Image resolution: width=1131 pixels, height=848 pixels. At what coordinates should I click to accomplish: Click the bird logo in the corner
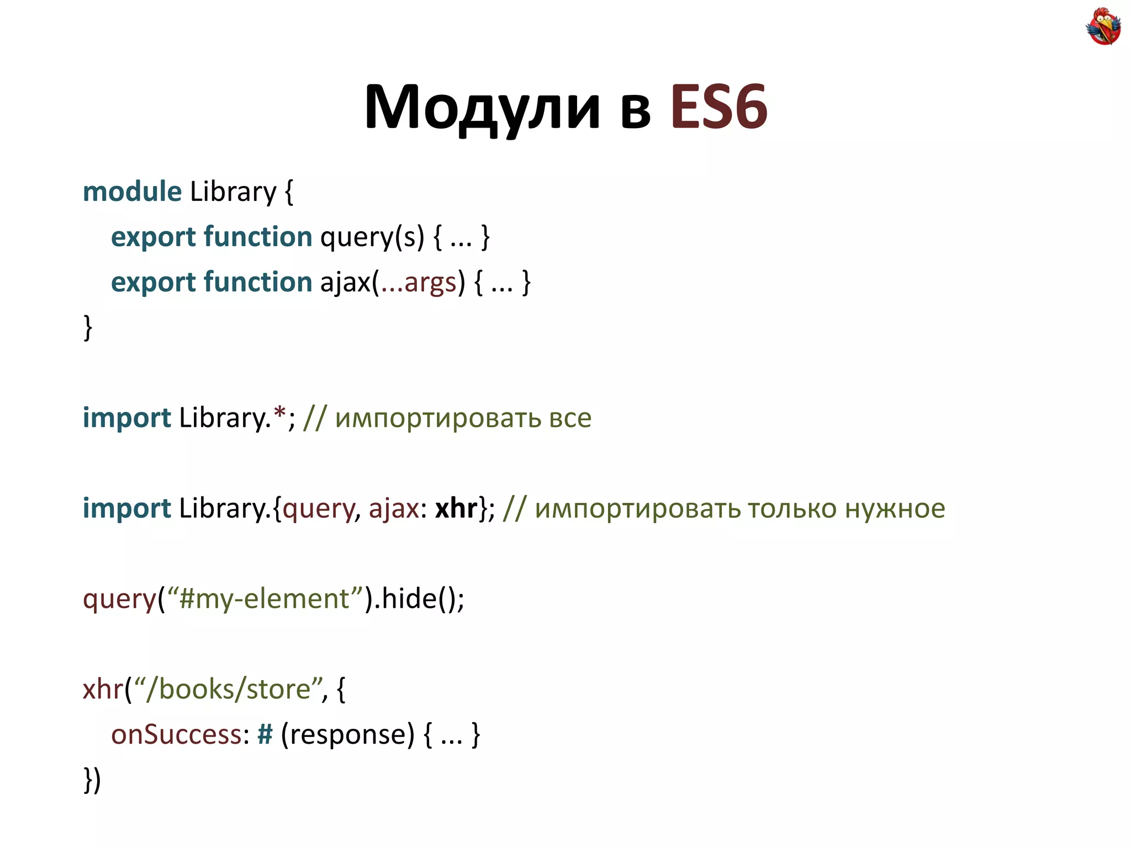(x=1103, y=26)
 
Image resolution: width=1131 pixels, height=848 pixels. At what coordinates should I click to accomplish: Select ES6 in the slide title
(x=718, y=107)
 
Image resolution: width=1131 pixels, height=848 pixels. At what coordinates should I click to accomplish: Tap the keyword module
(x=132, y=192)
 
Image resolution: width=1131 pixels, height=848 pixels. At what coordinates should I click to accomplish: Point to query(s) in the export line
(x=372, y=237)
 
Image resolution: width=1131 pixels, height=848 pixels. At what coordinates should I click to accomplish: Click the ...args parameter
(x=419, y=283)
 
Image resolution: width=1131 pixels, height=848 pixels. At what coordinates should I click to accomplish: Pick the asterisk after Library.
(x=280, y=414)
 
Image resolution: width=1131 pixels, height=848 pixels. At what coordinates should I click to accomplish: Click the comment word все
(x=570, y=418)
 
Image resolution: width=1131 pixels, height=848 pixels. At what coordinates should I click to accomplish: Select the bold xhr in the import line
(x=456, y=508)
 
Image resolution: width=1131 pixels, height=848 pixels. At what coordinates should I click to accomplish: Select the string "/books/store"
(x=228, y=690)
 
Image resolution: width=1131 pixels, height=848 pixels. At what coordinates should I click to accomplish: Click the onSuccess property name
(x=176, y=735)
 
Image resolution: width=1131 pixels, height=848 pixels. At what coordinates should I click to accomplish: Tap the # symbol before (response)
(x=265, y=735)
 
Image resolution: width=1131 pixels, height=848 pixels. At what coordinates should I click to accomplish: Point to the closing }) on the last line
(x=92, y=780)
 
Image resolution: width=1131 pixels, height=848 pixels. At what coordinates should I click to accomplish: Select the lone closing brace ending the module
(x=88, y=327)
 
